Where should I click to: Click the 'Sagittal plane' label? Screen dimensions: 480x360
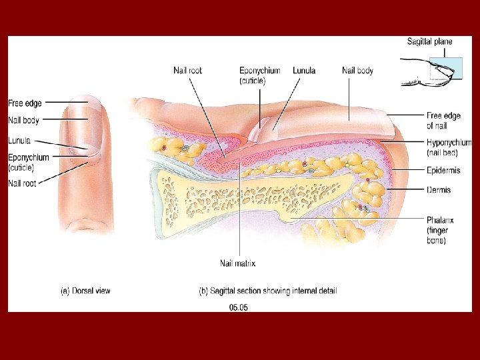point(429,41)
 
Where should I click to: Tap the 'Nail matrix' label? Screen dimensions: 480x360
point(237,263)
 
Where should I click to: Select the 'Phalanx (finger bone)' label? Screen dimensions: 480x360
point(442,230)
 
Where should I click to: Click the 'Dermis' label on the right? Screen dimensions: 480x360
point(439,190)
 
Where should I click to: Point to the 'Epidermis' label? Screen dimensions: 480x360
point(443,171)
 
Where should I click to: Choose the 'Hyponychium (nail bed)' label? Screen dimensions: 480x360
point(449,147)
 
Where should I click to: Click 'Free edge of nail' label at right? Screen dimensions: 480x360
point(443,121)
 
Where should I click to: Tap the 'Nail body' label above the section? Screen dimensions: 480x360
point(357,71)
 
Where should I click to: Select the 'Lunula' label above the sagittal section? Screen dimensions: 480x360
point(303,71)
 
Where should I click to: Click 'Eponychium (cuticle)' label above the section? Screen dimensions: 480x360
point(259,75)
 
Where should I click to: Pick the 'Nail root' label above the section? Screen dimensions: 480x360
point(187,71)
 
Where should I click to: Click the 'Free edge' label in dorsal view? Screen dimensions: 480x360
point(25,103)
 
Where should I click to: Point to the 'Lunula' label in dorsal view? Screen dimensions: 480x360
point(19,141)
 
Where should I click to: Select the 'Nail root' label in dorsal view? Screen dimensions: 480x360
point(22,183)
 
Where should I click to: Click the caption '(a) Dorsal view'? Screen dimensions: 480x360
point(85,291)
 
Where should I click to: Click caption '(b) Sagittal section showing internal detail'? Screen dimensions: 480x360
point(268,291)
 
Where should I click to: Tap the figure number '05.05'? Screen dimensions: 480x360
point(238,307)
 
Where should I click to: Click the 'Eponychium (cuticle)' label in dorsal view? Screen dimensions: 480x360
point(28,162)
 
